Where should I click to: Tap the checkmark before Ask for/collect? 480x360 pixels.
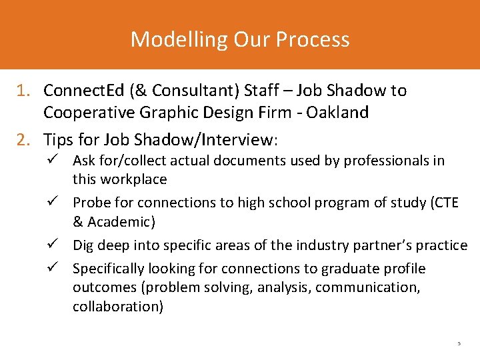[x=55, y=161]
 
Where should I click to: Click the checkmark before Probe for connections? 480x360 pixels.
[x=55, y=203]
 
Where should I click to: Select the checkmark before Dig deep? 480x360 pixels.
[x=55, y=245]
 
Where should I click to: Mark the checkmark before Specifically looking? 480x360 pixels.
[x=55, y=269]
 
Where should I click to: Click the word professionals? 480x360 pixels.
[x=382, y=161]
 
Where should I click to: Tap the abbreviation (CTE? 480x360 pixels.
[x=442, y=203]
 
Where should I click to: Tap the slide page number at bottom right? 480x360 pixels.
[x=459, y=344]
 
